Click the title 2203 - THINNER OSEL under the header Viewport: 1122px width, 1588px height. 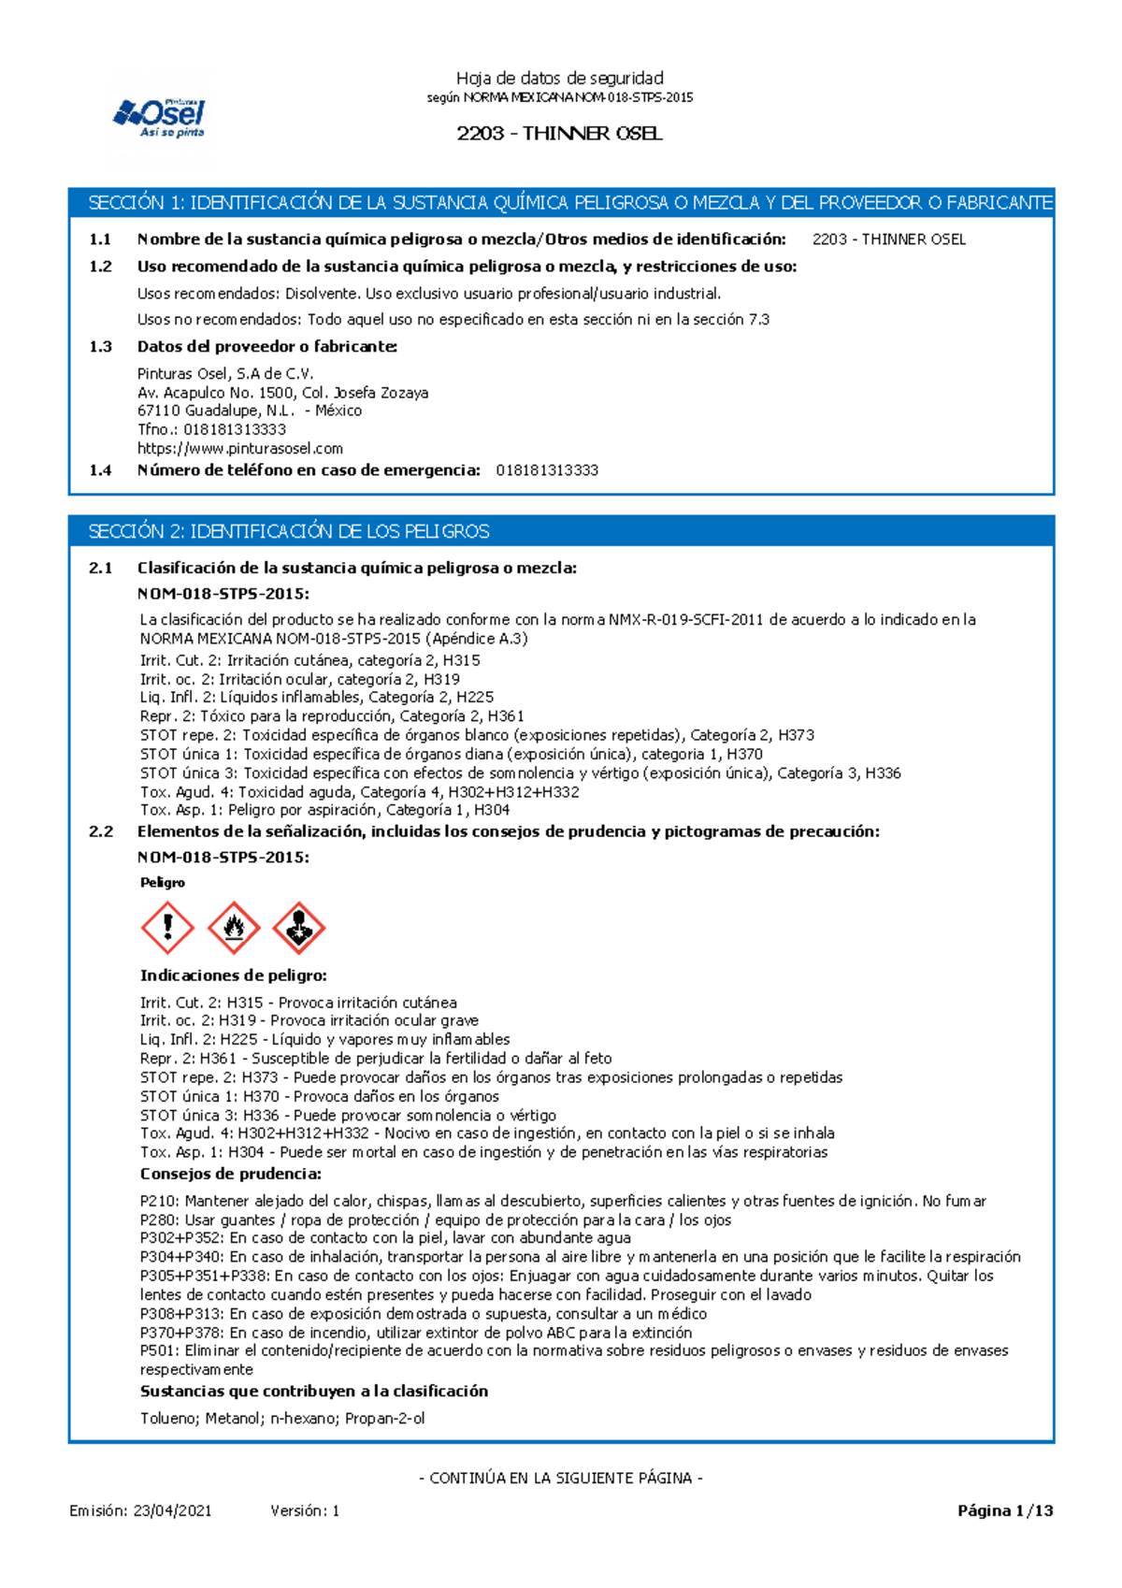[559, 134]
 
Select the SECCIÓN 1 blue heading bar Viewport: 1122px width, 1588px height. [561, 203]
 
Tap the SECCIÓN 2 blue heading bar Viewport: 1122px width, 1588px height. [561, 531]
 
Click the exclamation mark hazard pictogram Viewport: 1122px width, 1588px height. [167, 928]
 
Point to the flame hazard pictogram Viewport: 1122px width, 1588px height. [233, 928]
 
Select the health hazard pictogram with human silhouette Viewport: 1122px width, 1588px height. [298, 928]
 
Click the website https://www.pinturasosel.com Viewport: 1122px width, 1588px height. [240, 449]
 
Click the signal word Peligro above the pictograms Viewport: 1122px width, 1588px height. [163, 883]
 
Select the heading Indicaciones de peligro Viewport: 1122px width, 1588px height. [234, 975]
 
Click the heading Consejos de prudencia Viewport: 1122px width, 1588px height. [231, 1174]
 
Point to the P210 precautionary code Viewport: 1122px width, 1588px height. [159, 1202]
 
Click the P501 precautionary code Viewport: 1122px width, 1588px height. [159, 1351]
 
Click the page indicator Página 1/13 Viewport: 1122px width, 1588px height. [1005, 1510]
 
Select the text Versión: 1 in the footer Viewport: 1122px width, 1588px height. [305, 1510]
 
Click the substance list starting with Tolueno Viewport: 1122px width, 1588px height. [282, 1419]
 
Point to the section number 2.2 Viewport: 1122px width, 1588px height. [100, 831]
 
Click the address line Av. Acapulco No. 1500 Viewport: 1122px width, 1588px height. [282, 393]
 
